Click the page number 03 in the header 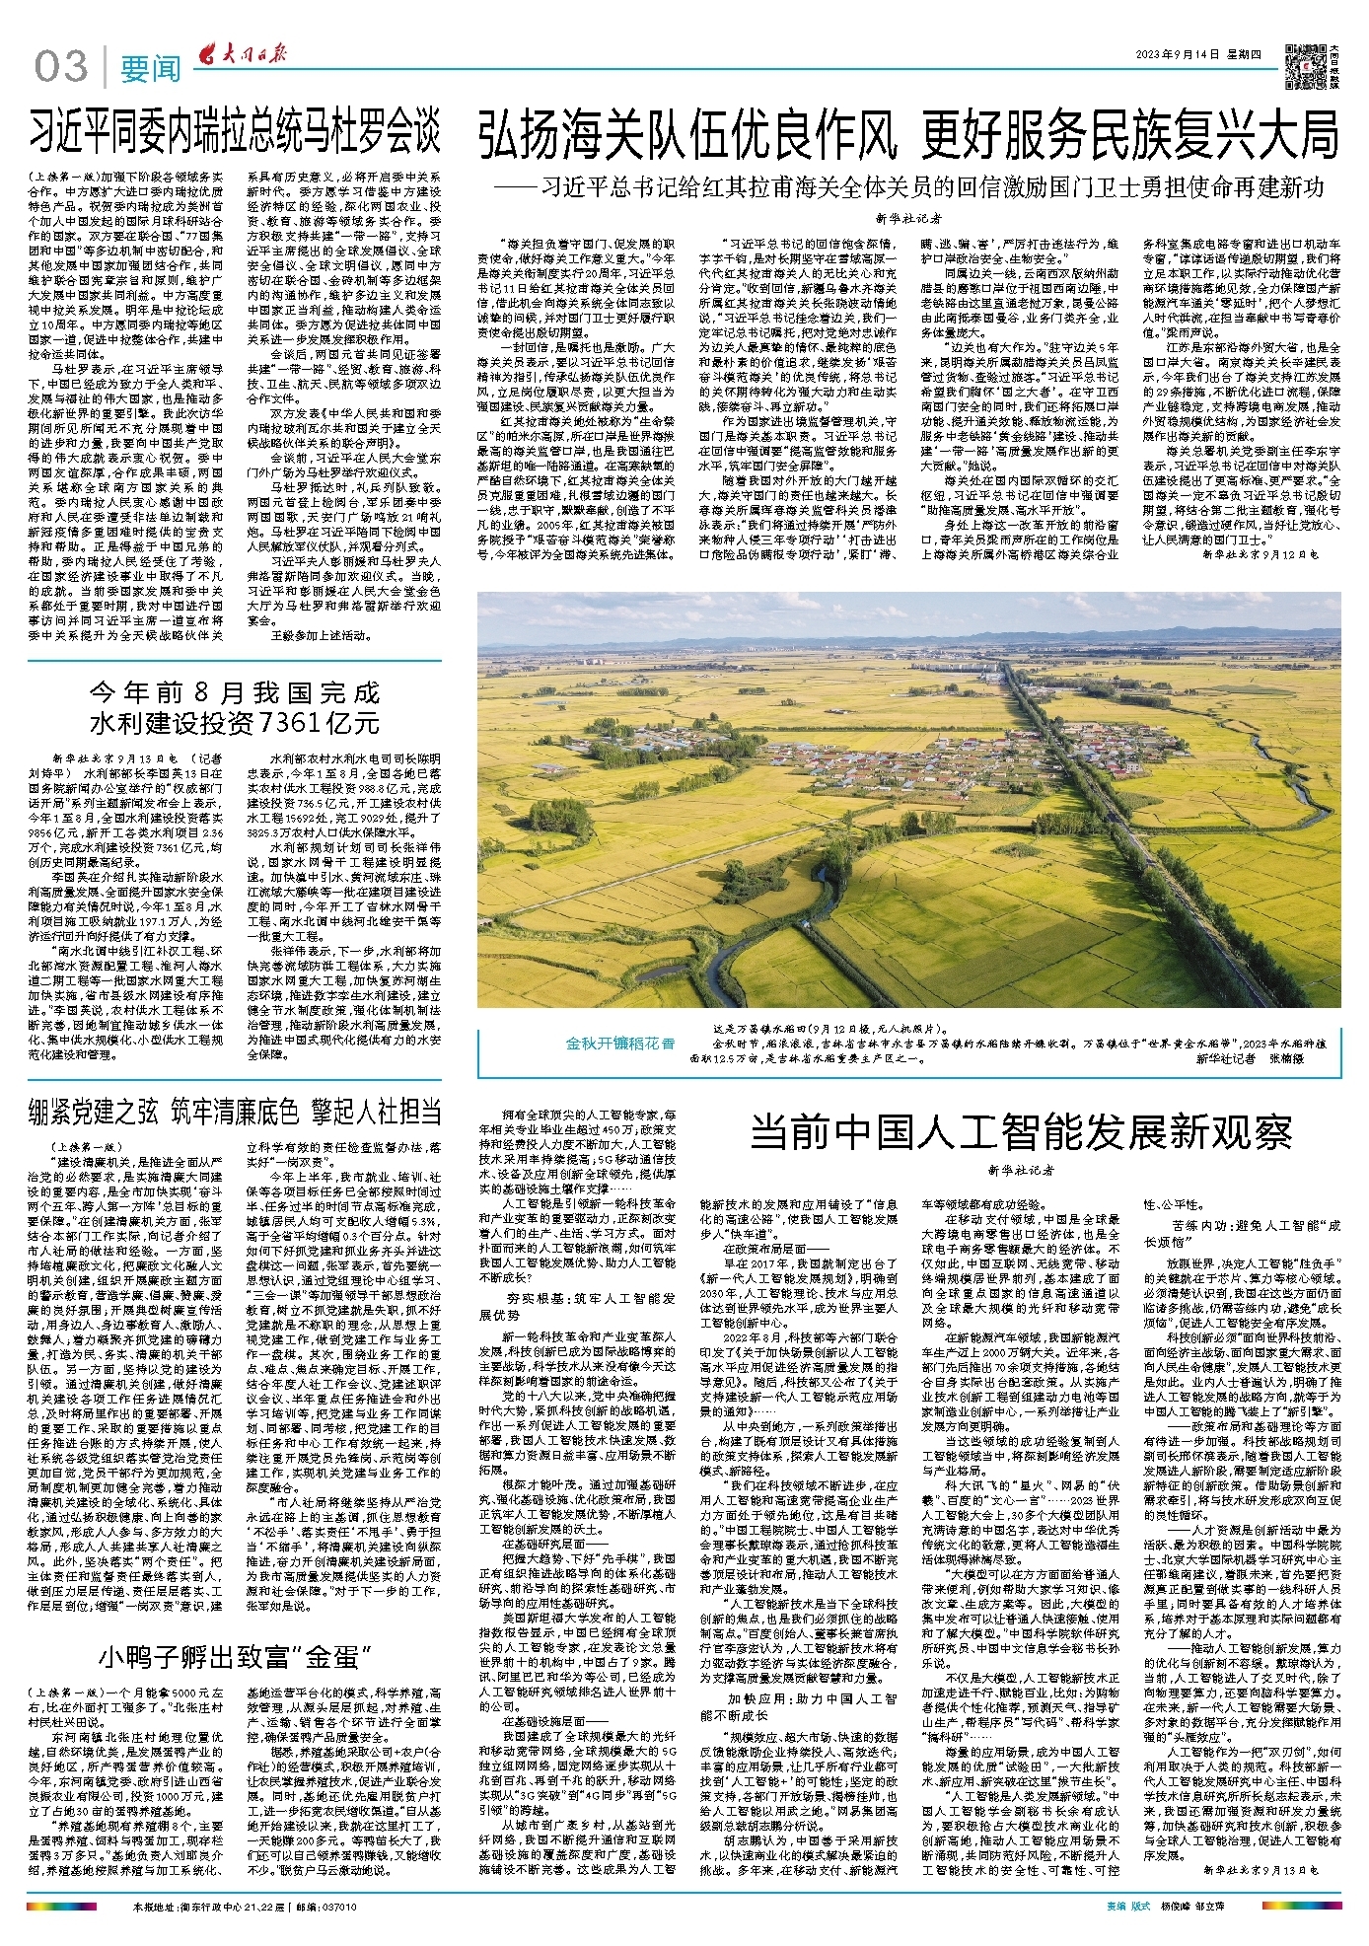(x=62, y=66)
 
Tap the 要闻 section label (x=150, y=68)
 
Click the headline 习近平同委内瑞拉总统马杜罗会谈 (x=234, y=132)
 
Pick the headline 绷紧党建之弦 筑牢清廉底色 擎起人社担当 (x=234, y=1112)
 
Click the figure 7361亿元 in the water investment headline (x=318, y=723)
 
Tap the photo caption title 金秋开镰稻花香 (x=620, y=1043)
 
